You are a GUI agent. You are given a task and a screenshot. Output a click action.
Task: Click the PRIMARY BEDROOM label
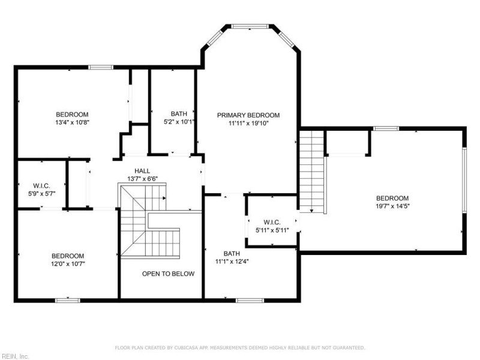248,115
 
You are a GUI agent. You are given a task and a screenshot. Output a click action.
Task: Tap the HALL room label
142,171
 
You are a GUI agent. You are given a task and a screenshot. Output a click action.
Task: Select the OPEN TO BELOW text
168,274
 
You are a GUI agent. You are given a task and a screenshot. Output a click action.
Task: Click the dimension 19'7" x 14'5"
392,206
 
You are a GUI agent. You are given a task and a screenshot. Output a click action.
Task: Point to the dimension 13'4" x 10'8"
72,122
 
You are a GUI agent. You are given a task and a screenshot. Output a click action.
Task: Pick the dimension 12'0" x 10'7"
68,264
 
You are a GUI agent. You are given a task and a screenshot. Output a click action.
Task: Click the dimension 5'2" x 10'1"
179,122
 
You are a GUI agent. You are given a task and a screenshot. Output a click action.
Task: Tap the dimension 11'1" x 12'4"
232,262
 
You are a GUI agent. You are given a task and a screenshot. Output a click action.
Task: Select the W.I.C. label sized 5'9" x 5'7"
41,186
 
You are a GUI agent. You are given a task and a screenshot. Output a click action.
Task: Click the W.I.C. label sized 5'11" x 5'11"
272,222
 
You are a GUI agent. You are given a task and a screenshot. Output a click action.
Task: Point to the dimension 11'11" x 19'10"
248,124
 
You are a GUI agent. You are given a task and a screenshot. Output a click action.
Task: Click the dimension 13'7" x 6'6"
142,179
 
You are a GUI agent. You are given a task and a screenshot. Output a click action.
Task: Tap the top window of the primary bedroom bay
250,26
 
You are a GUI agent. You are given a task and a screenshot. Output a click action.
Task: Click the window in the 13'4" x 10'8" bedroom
101,67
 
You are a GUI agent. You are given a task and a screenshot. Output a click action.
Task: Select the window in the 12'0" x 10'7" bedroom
68,301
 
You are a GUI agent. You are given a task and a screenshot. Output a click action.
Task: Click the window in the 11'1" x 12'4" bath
250,301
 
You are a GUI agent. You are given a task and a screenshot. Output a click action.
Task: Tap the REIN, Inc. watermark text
14,356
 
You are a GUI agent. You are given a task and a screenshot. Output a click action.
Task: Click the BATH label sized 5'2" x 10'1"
179,114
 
